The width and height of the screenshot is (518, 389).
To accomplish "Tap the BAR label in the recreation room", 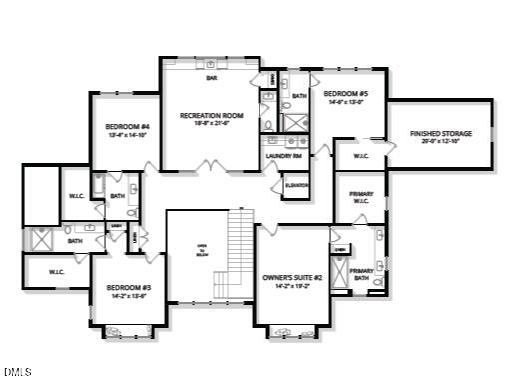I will click(212, 77).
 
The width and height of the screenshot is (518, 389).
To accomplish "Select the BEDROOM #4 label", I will click(127, 126).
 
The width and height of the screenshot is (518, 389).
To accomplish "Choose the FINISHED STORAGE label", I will click(440, 133).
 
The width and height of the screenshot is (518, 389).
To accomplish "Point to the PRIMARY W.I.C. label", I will click(361, 196).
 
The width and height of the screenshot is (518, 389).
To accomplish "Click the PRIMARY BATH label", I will click(361, 274).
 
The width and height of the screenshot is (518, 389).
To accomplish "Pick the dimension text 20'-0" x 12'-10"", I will click(440, 142).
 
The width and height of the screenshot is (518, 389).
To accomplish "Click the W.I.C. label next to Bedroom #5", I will click(361, 156).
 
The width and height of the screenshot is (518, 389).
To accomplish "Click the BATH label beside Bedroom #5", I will click(299, 95).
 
